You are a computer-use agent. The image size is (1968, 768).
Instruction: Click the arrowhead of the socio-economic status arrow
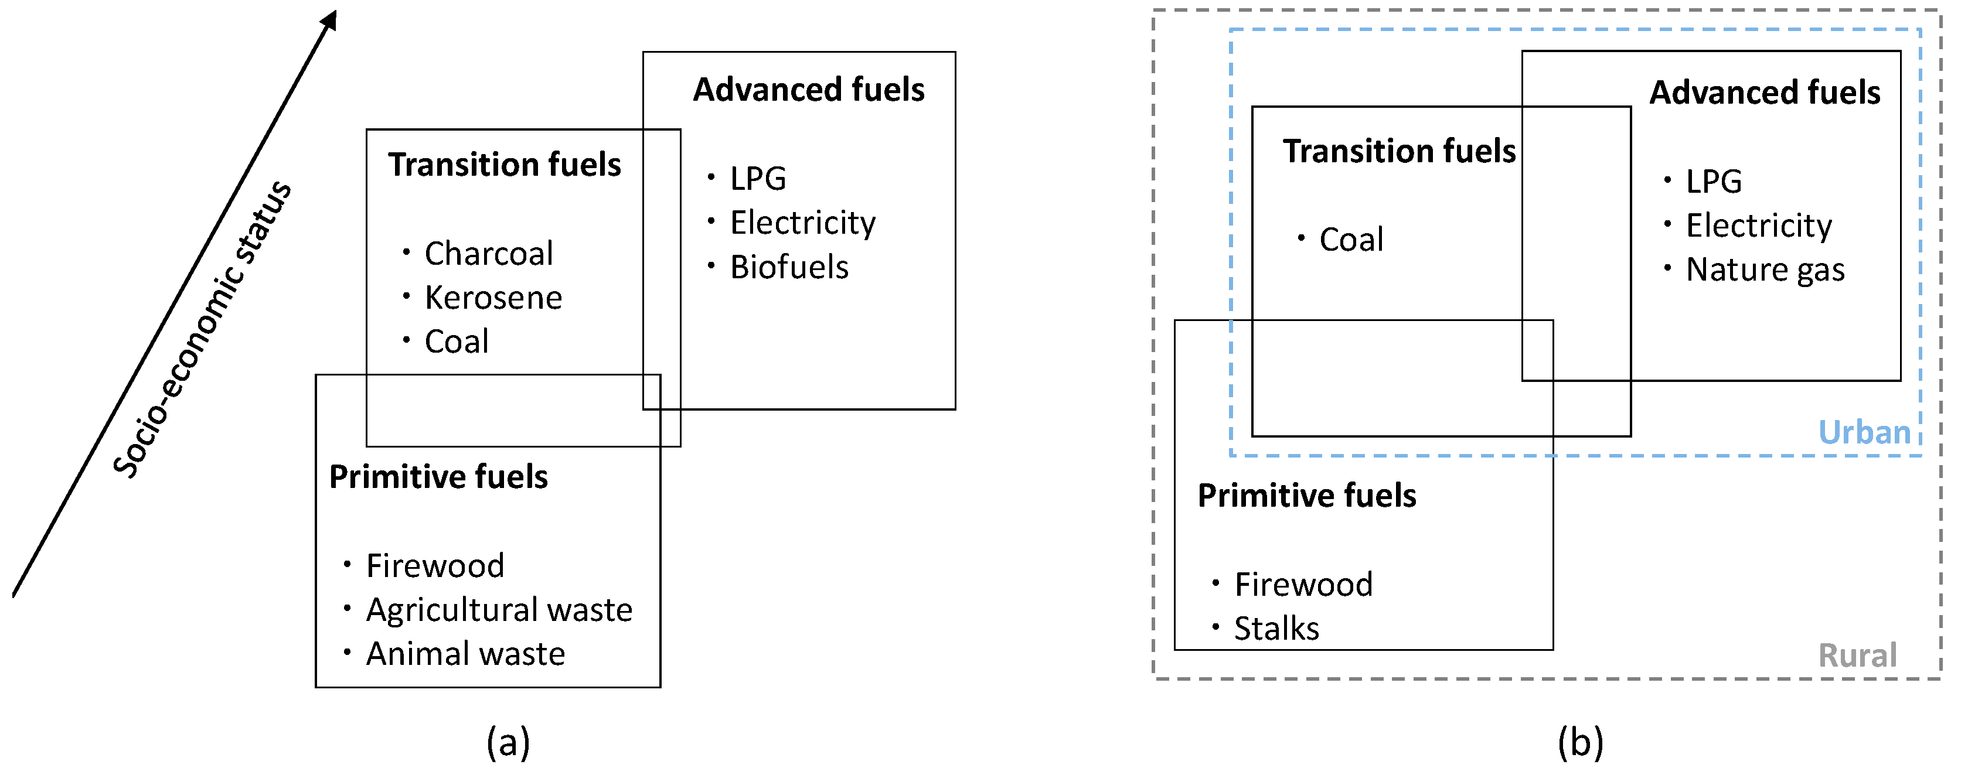(x=330, y=20)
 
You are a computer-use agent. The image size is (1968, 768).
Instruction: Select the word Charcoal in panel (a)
(x=488, y=254)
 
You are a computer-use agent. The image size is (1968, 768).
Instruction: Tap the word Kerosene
(x=493, y=298)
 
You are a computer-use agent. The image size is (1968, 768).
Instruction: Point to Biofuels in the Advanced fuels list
(x=788, y=267)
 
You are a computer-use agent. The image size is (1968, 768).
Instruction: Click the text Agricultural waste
(x=499, y=610)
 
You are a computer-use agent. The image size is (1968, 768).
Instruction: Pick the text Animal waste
(x=465, y=654)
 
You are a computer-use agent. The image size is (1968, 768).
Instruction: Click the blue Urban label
(x=1864, y=433)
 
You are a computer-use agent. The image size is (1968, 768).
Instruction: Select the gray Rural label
(x=1857, y=656)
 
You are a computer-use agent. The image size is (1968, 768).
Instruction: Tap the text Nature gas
(x=1765, y=270)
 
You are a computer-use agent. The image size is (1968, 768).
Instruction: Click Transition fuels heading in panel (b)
(x=1399, y=151)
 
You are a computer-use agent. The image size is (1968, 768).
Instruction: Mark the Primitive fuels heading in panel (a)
(x=438, y=477)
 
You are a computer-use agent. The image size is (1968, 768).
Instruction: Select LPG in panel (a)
(x=757, y=179)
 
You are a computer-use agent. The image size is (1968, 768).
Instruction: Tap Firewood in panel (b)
(x=1303, y=585)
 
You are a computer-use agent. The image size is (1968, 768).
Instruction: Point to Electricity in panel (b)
(x=1758, y=226)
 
